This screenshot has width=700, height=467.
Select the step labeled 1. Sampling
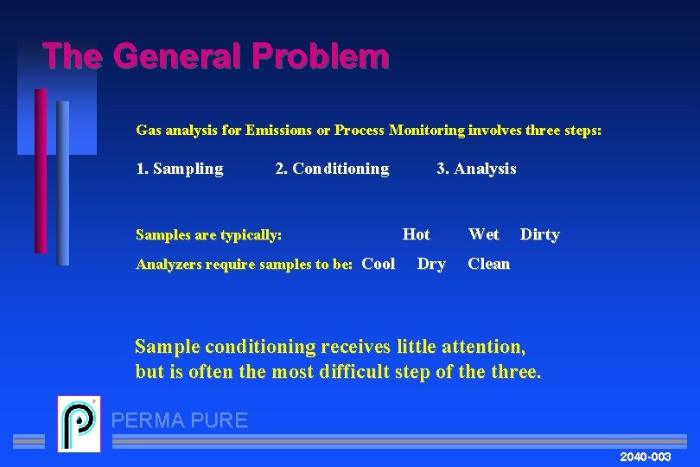tap(180, 169)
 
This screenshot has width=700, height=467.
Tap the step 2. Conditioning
tap(332, 169)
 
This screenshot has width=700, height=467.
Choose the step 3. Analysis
tap(476, 169)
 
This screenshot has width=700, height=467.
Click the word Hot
tap(417, 234)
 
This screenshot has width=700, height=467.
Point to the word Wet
tap(483, 234)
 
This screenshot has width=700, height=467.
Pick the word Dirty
tap(539, 234)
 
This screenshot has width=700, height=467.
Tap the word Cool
tap(379, 264)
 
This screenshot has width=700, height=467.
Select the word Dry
tap(431, 264)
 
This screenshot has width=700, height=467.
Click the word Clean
tap(489, 264)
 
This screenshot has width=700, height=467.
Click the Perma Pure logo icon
tap(79, 424)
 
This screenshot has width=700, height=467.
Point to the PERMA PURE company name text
tap(180, 421)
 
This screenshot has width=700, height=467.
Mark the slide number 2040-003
tap(646, 456)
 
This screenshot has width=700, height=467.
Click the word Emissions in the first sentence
tap(279, 131)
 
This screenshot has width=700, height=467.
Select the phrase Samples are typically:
tap(209, 235)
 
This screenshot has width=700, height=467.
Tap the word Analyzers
tap(172, 265)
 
